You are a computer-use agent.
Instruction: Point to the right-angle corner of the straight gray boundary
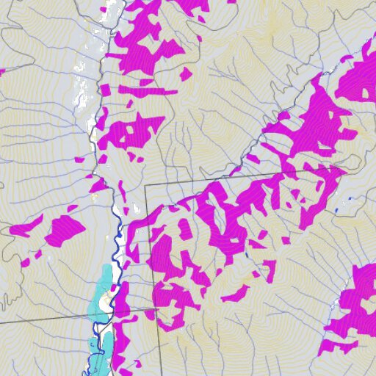tap(145, 185)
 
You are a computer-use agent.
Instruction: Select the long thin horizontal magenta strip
tap(147, 92)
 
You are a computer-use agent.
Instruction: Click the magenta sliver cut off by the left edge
tap(1, 71)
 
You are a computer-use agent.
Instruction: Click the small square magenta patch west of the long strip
tap(105, 90)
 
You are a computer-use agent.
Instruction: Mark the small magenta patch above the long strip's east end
tap(185, 73)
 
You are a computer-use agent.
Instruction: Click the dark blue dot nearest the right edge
tap(350, 199)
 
